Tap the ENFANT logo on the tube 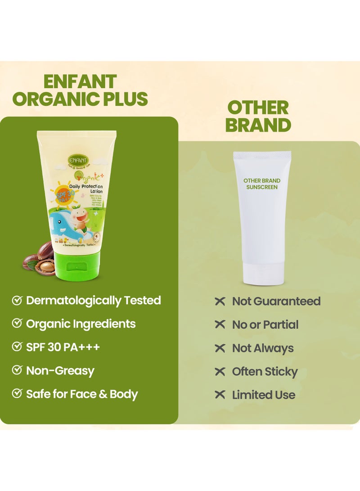pos(78,160)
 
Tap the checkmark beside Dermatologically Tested pos(17,301)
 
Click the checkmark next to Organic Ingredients pos(17,324)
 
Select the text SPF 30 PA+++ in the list pos(63,347)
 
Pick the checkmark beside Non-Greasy pos(17,371)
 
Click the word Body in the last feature pos(123,394)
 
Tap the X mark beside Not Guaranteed pos(220,302)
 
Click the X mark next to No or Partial pos(220,325)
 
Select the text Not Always pos(263,348)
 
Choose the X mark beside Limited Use pos(220,395)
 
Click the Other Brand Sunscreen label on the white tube pos(262,184)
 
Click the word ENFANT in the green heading pos(80,82)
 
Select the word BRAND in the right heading pos(258,126)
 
